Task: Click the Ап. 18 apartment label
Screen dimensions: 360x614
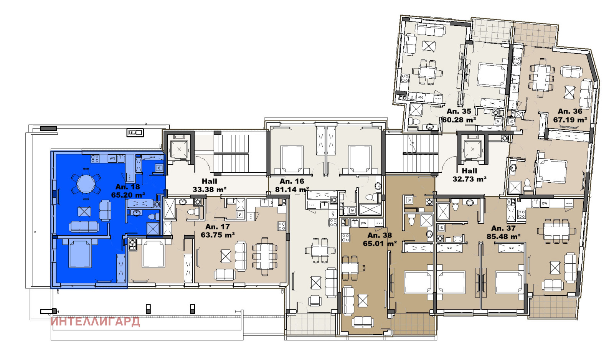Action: pos(127,187)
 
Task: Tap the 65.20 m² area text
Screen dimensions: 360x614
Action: pos(128,195)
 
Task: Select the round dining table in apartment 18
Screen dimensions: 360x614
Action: pos(86,184)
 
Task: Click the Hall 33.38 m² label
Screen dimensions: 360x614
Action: pos(209,185)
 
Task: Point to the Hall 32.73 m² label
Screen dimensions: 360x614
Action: pos(469,175)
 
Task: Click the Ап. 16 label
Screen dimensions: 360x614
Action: pos(292,181)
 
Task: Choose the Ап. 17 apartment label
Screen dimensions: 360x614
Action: pos(217,227)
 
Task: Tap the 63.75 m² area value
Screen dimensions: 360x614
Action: pos(218,235)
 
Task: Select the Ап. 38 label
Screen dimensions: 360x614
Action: pos(380,235)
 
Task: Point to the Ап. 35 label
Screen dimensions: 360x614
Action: pos(459,111)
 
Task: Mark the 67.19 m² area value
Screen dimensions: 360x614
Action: pos(570,120)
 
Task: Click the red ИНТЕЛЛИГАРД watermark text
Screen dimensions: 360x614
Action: pos(95,322)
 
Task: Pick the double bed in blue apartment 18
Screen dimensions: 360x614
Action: pos(80,253)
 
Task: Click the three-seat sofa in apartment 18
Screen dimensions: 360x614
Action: pos(84,226)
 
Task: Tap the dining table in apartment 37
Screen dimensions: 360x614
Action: pos(556,231)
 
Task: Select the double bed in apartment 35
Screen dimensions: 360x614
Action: pos(492,75)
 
